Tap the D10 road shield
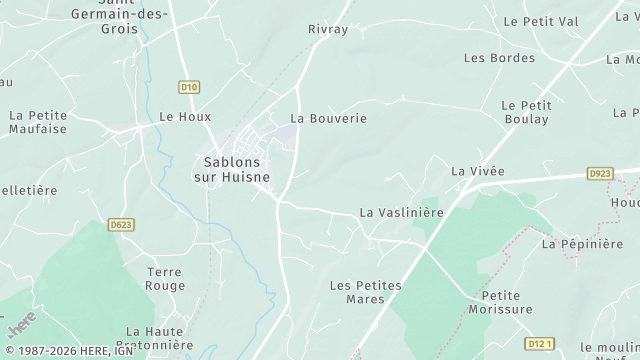point(186,88)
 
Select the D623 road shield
point(121,224)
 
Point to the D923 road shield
point(599,173)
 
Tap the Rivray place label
point(328,29)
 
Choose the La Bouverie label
point(328,118)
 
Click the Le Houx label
point(185,116)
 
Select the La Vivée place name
point(477,171)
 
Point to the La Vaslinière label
point(400,213)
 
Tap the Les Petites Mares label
point(365,292)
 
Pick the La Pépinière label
point(582,243)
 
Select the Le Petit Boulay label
point(525,112)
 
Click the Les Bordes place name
point(499,58)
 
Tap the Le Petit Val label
point(540,20)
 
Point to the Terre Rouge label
point(164,279)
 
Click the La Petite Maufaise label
point(37,122)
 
